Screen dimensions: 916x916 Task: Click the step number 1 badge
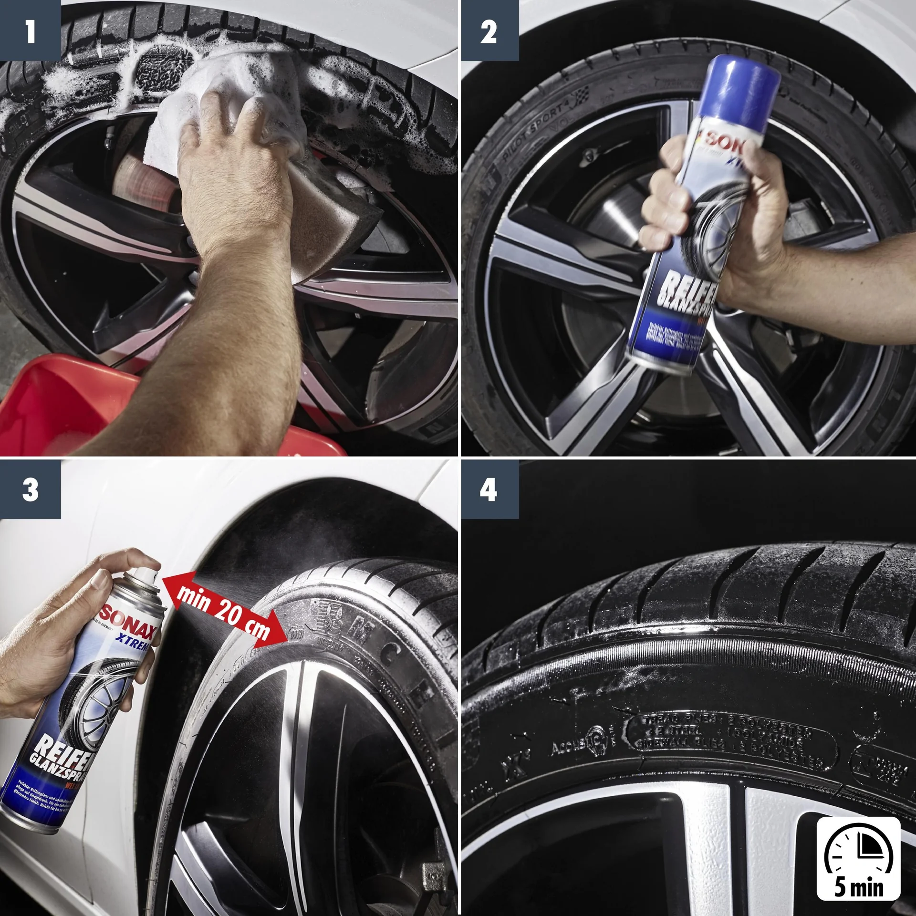(x=30, y=31)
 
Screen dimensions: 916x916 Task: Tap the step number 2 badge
(x=489, y=31)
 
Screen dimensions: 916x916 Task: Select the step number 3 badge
(x=30, y=489)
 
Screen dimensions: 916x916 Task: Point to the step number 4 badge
(x=489, y=489)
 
